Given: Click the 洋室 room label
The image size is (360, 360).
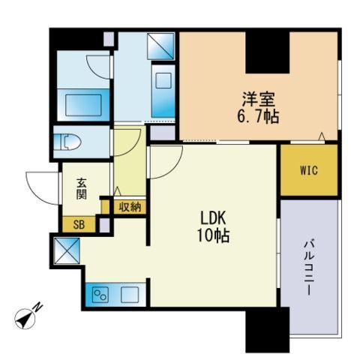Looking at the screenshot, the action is coord(259,100).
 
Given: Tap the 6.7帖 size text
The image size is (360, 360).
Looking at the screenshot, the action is coord(258,116).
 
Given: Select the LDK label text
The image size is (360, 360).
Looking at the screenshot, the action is coord(214,218).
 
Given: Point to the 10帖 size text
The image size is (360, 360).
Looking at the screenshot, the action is coord(214,235).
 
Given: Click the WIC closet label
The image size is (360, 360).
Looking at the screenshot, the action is coord(309,170).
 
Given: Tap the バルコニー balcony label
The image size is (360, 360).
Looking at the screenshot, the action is coord(309,267).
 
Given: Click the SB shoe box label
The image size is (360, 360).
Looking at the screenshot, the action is coord(79,225).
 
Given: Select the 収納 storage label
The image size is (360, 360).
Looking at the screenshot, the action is coord(130,207).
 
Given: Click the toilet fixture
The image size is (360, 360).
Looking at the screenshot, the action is coord(67,142).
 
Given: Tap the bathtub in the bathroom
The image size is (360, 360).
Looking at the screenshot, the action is coord(83,105).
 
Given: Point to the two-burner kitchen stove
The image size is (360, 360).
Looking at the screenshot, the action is coord(100,295).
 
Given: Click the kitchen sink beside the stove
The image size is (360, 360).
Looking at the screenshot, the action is coord(130,295).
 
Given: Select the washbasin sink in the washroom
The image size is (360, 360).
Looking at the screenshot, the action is coord(163,80).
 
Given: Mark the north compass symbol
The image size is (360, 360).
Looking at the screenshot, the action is coord(25,319).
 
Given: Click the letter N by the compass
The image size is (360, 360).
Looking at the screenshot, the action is coord(38,307).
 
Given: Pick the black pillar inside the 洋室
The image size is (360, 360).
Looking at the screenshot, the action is coord(268,52).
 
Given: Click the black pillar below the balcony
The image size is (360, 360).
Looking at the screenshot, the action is coord(268,330).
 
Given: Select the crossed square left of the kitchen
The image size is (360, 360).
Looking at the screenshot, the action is coord(67,250).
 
